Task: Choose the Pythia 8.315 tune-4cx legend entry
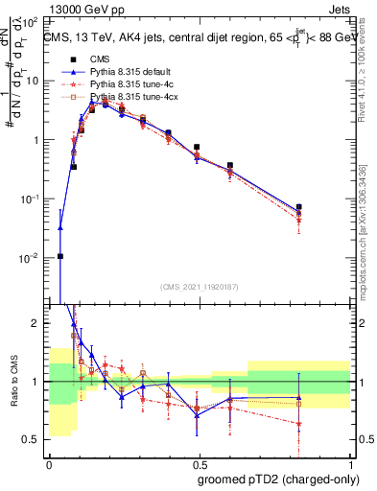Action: point(131,98)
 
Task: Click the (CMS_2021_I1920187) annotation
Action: point(199,287)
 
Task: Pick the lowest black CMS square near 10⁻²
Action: point(60,256)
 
